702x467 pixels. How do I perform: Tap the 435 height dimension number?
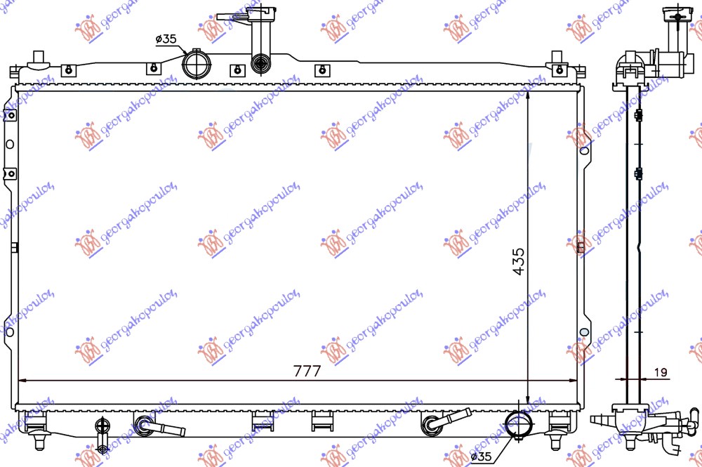(x=518, y=261)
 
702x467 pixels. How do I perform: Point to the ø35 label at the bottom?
(x=481, y=457)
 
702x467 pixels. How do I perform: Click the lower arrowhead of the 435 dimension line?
(x=528, y=396)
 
